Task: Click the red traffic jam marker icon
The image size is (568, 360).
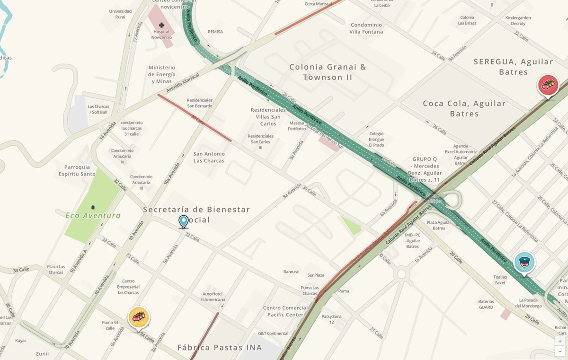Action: tap(548, 85)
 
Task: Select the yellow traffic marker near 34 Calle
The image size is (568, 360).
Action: tap(139, 317)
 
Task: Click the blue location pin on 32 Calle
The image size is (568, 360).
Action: tap(184, 221)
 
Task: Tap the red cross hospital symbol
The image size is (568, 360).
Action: tap(162, 25)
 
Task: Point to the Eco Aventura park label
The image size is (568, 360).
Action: tap(93, 216)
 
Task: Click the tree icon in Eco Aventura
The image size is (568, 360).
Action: tap(93, 207)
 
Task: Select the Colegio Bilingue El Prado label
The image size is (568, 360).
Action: tap(377, 139)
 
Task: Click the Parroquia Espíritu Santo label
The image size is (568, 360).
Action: tap(80, 170)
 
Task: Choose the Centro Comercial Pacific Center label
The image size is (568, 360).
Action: tap(285, 311)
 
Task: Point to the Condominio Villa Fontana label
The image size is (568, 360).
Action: tap(366, 28)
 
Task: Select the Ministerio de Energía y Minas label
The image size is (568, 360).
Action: tap(162, 75)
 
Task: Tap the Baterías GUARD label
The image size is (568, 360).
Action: tap(486, 304)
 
